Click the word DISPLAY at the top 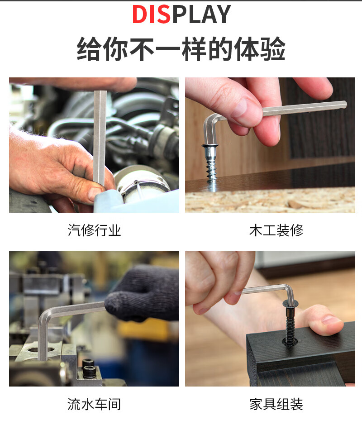tap(181, 14)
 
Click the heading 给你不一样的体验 tap(181, 49)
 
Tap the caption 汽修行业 tap(94, 230)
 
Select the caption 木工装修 tap(276, 230)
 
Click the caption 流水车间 tap(94, 404)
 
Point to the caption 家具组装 tap(276, 404)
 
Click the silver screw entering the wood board tap(212, 165)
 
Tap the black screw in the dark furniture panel tap(290, 323)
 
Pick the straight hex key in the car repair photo tap(100, 138)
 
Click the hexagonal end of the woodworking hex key tap(344, 105)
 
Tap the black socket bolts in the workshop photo tap(88, 368)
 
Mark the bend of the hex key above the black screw tap(289, 289)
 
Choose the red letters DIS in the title tap(151, 14)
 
